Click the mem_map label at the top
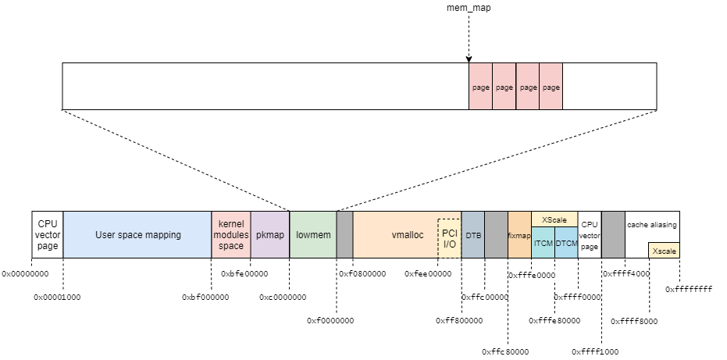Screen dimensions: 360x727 tap(469, 8)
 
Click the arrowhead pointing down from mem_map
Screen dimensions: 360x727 tap(469, 59)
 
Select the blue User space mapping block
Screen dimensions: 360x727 tap(137, 234)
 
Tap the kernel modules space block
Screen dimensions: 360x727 tap(231, 234)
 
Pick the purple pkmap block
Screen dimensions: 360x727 tap(269, 234)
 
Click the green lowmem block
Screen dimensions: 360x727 tap(312, 234)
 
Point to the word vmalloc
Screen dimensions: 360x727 tap(407, 234)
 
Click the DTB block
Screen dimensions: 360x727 tap(473, 234)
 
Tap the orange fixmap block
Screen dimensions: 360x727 tap(519, 234)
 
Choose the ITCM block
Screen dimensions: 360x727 tap(543, 244)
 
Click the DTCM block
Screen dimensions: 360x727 tap(566, 244)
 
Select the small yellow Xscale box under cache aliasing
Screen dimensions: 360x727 tap(664, 251)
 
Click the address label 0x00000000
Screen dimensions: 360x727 tap(25, 274)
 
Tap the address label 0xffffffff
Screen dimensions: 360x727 tap(689, 289)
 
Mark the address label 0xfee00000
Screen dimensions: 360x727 tap(428, 274)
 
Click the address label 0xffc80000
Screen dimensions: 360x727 tap(505, 351)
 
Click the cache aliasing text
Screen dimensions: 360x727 tap(652, 225)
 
